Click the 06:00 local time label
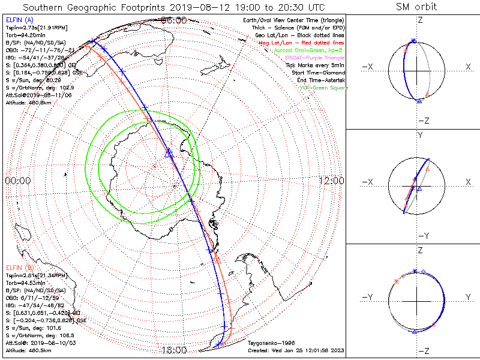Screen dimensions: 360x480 click(174, 20)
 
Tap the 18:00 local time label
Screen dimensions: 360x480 click(174, 349)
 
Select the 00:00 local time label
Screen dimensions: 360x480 click(18, 180)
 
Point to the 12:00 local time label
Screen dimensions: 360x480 click(331, 180)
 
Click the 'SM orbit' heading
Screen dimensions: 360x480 click(416, 7)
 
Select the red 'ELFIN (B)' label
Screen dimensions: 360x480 click(20, 267)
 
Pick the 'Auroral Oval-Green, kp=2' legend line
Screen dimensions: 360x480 click(306, 50)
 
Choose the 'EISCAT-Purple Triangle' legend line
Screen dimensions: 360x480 click(310, 57)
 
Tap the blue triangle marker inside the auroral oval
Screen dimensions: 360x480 click(169, 154)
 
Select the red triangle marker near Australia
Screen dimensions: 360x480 click(217, 259)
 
